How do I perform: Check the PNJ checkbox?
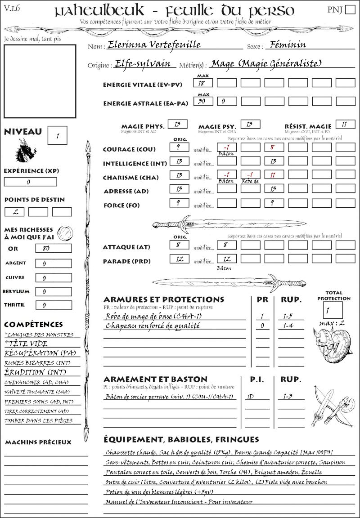[x=350, y=10]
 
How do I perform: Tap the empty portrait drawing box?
[x=40, y=81]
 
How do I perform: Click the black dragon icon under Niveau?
[x=25, y=151]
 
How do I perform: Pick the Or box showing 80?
[x=53, y=249]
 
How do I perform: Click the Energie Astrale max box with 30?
[x=203, y=102]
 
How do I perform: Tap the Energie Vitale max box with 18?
[x=203, y=83]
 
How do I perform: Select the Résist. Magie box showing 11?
[x=345, y=125]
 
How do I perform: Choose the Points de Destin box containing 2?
[x=14, y=212]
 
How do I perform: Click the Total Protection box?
[x=333, y=310]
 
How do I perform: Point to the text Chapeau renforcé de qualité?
[x=153, y=326]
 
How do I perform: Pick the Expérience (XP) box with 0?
[x=30, y=182]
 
